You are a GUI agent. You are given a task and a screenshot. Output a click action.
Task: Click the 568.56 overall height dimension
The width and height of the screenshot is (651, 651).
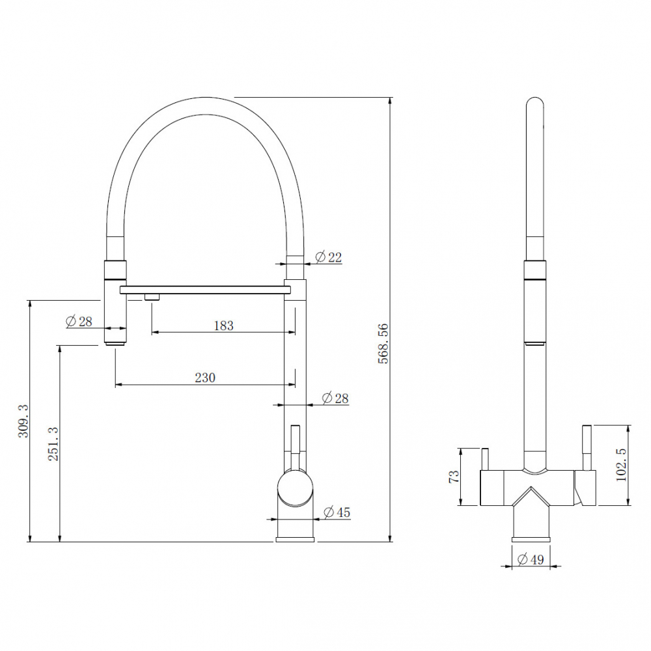click(x=383, y=343)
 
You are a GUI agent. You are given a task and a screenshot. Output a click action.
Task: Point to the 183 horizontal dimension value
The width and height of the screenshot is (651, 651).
click(x=223, y=325)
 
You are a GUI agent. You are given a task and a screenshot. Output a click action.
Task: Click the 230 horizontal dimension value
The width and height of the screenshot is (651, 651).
click(x=204, y=378)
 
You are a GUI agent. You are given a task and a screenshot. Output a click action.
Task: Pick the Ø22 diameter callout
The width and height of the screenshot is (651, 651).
click(x=328, y=257)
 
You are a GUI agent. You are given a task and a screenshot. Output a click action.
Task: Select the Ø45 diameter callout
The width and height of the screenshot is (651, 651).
click(x=336, y=513)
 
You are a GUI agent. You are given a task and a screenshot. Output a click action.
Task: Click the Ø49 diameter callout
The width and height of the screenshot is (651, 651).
click(x=531, y=559)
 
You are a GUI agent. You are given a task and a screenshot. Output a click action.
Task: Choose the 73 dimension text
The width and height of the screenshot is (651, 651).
click(x=454, y=476)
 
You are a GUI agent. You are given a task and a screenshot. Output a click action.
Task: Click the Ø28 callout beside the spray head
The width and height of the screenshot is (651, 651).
click(x=79, y=321)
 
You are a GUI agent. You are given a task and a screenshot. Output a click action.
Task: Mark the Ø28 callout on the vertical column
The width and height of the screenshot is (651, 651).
click(x=336, y=398)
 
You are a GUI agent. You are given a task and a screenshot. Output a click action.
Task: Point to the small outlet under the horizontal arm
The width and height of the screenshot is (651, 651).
click(x=152, y=298)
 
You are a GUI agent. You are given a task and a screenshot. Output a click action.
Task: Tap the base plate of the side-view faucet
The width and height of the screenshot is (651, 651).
click(x=296, y=538)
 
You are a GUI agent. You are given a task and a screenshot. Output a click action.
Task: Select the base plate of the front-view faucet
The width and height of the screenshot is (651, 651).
click(x=531, y=538)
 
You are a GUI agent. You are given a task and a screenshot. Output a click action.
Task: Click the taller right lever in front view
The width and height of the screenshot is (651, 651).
click(x=587, y=448)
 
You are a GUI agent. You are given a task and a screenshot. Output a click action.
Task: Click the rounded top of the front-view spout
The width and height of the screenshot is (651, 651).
click(x=534, y=105)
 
